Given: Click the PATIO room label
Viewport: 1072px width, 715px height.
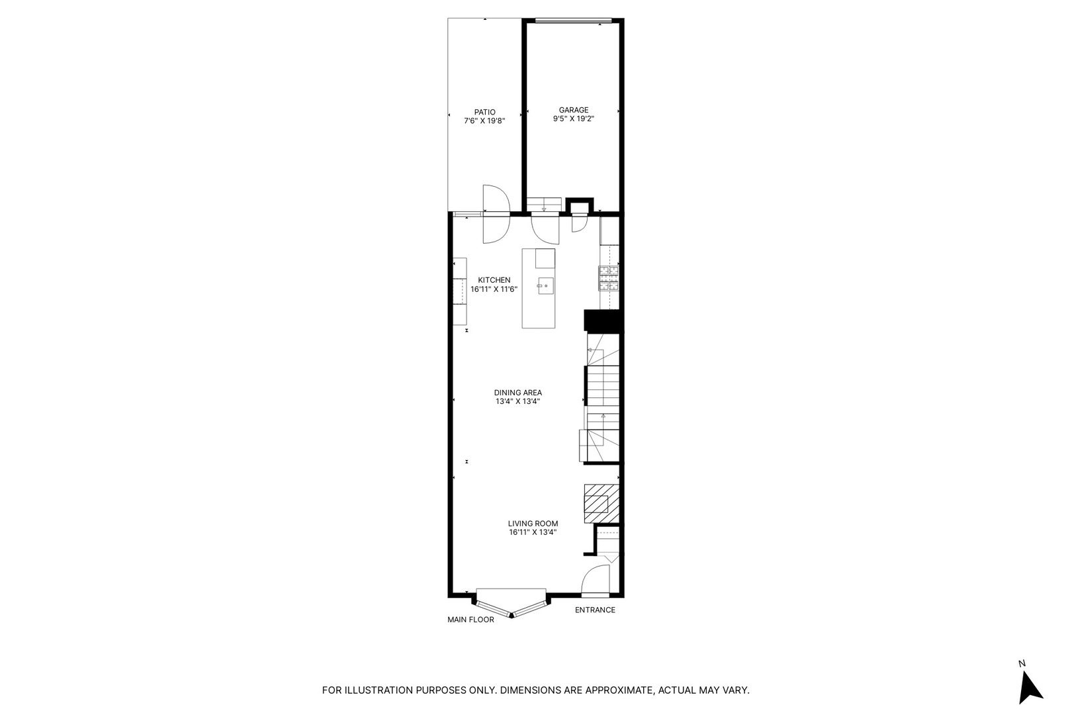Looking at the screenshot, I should click(484, 112).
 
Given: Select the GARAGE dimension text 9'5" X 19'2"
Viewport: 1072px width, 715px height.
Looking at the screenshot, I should click(573, 120).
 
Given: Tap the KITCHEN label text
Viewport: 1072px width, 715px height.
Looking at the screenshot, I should click(494, 280).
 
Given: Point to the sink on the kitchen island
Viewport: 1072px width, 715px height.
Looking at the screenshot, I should click(545, 286).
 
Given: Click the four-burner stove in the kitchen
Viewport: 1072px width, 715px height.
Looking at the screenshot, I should click(609, 278).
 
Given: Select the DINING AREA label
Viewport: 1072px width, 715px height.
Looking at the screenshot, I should click(517, 393).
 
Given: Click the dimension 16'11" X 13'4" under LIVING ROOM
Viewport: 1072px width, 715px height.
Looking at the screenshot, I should click(533, 532).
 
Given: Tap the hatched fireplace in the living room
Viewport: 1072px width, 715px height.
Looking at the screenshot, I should click(598, 504).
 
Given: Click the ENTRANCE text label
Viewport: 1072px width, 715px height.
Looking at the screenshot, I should click(594, 610).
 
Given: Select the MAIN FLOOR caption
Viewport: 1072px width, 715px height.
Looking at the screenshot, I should click(470, 620).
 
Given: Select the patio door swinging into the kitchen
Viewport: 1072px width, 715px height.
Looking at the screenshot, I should click(495, 228).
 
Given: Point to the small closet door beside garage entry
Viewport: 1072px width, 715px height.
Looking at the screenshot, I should click(578, 223).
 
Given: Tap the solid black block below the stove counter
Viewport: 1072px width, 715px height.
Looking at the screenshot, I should click(602, 321).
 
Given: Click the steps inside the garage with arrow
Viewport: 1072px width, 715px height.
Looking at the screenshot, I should click(544, 204).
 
